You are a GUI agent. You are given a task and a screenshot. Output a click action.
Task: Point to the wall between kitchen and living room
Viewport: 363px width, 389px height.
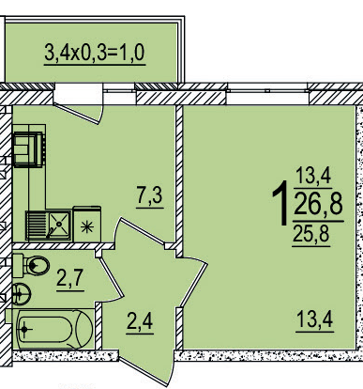tap(177, 169)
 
